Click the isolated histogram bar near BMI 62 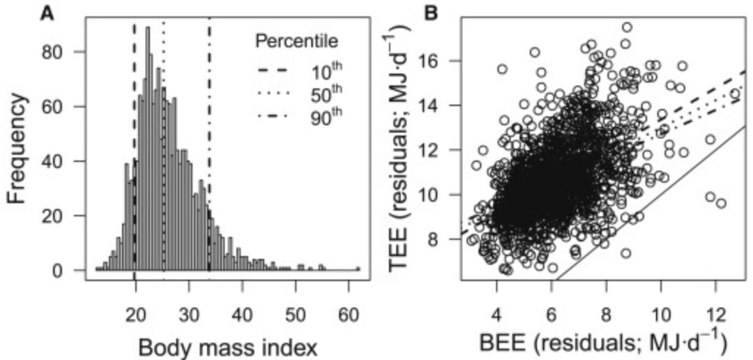(358, 268)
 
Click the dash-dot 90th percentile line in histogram (209, 174)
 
